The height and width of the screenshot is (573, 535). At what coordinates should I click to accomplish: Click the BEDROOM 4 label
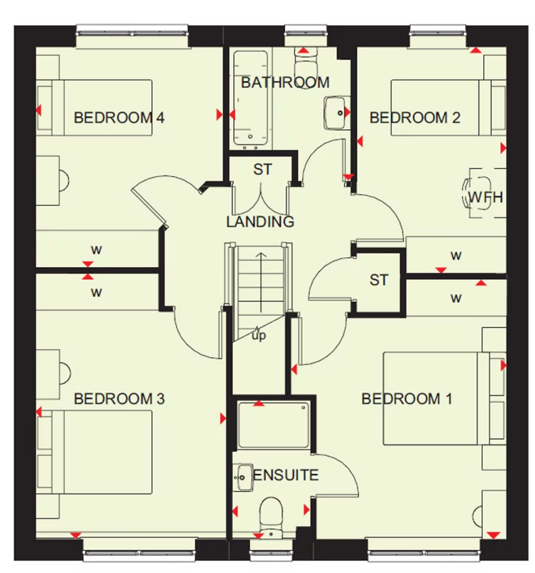click(x=118, y=117)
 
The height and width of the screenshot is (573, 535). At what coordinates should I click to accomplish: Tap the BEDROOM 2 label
click(x=414, y=117)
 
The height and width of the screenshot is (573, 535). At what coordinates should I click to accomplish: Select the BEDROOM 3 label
click(x=118, y=398)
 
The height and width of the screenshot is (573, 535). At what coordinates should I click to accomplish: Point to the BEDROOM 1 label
click(x=406, y=398)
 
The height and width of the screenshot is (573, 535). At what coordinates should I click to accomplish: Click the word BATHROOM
click(x=285, y=82)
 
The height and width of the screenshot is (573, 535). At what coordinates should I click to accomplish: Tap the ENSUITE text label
click(x=286, y=475)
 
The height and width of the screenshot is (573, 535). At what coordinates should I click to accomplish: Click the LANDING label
click(x=260, y=222)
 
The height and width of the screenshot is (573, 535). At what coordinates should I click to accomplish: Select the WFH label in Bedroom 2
click(x=485, y=197)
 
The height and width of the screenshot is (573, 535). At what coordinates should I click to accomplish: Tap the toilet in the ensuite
click(x=272, y=513)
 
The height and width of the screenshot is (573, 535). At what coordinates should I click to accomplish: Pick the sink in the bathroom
click(x=335, y=112)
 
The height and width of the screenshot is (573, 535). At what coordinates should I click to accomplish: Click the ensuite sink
click(x=243, y=476)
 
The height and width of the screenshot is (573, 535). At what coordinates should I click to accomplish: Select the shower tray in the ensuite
click(x=273, y=425)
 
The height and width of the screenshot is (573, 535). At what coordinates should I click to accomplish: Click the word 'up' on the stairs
click(x=259, y=336)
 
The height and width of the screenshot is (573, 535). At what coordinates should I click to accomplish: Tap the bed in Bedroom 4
click(x=95, y=108)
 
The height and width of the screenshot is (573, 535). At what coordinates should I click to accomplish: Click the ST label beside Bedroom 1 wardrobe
click(x=379, y=280)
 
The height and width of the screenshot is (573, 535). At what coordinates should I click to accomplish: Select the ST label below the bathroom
click(x=262, y=170)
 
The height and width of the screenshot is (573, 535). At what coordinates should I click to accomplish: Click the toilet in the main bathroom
click(x=306, y=60)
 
